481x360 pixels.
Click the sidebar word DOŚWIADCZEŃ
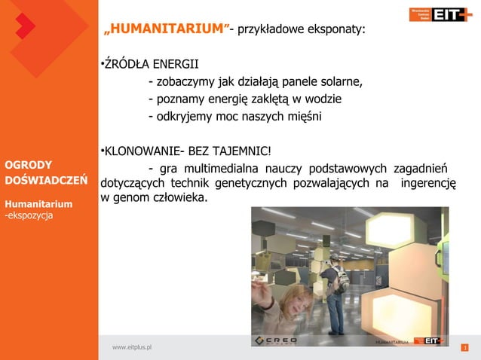point(46,181)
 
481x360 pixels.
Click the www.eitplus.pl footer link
point(132,347)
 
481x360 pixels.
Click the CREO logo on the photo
point(276,340)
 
